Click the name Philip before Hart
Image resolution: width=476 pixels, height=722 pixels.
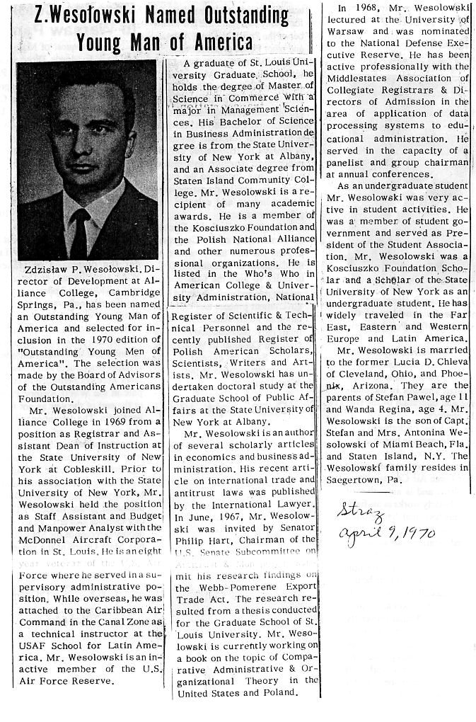pos(195,529)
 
